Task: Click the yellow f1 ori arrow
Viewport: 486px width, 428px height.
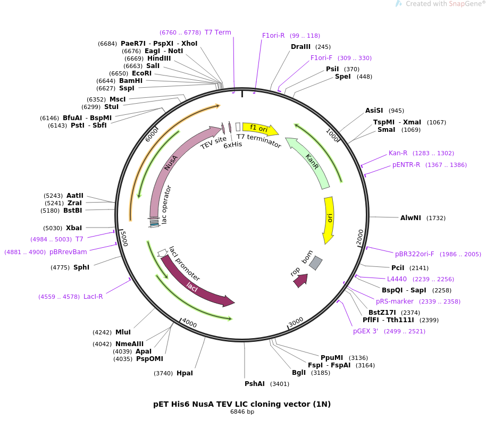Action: [x=259, y=128]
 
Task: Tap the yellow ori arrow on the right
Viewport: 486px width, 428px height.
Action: [x=329, y=219]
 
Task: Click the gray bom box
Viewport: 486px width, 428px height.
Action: [x=315, y=263]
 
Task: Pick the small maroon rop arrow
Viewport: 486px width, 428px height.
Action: [x=301, y=280]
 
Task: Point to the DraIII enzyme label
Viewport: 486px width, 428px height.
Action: [x=300, y=47]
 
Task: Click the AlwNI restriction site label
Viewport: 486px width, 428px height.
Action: [x=410, y=218]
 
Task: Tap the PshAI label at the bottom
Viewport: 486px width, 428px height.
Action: [x=255, y=384]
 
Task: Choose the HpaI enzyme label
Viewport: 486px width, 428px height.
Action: [x=185, y=373]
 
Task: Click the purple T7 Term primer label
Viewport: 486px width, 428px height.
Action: [x=218, y=32]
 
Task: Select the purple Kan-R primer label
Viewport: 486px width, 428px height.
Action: [x=398, y=153]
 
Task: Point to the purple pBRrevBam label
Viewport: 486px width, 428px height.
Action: [x=68, y=252]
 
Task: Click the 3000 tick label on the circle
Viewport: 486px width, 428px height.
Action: [x=296, y=322]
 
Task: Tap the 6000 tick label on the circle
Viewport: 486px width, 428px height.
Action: [x=152, y=135]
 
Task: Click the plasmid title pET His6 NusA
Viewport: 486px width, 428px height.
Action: [x=242, y=404]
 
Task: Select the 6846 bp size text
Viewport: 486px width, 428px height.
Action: [x=242, y=412]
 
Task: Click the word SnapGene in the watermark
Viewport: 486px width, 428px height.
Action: [x=464, y=4]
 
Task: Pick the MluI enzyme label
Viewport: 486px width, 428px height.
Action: [x=123, y=332]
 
